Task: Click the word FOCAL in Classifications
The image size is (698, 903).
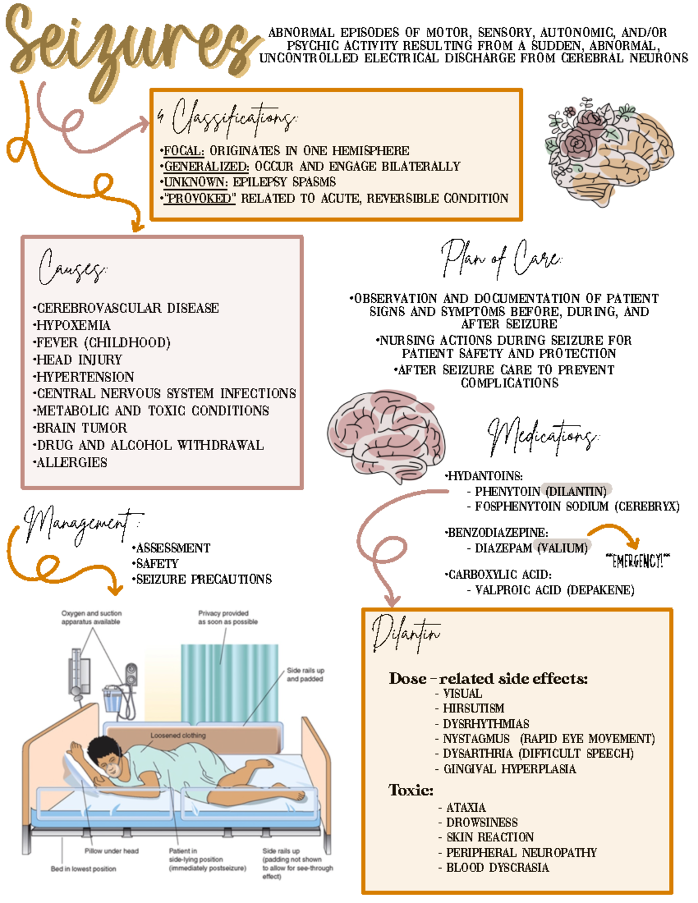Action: click(183, 151)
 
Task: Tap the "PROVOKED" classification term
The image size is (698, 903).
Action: click(200, 199)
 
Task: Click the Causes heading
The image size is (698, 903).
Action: click(73, 267)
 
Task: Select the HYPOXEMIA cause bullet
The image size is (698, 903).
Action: click(73, 326)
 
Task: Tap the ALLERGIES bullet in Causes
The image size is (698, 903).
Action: click(72, 463)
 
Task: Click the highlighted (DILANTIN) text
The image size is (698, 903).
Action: click(576, 491)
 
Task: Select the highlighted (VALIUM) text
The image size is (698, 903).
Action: click(562, 548)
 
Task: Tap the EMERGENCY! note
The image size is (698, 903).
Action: click(638, 561)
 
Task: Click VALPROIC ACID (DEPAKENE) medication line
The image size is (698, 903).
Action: click(554, 590)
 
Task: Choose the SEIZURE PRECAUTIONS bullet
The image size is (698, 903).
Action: click(204, 580)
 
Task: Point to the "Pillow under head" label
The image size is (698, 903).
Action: click(112, 851)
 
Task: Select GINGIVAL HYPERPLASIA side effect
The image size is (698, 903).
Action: click(510, 769)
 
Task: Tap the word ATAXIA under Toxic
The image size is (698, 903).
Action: click(465, 808)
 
